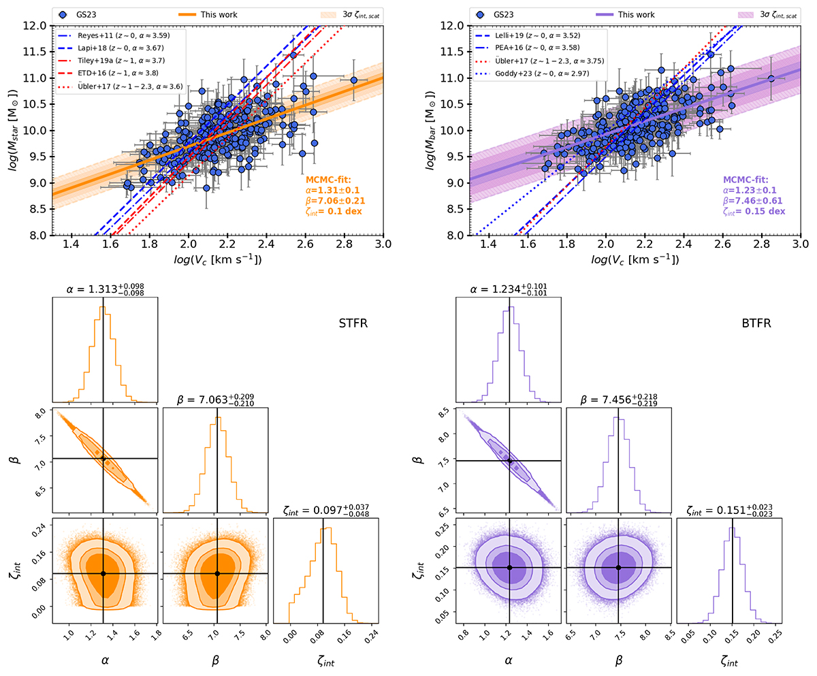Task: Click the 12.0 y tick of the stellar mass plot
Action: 39,26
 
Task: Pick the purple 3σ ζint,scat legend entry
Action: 765,13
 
